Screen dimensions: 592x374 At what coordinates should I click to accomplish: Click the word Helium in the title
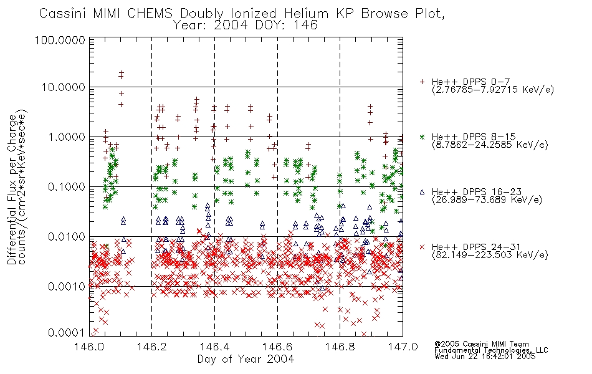306,14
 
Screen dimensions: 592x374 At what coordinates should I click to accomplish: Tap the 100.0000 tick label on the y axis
60,40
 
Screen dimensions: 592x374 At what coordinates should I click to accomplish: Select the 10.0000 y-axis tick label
63,87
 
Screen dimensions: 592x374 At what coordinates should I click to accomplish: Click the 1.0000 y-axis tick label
66,137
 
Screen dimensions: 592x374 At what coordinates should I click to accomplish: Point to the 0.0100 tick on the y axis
66,237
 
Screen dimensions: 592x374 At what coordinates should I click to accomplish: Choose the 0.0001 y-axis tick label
66,333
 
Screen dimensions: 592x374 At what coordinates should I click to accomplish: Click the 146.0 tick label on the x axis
90,347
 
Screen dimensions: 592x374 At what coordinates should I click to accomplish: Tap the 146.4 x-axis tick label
214,347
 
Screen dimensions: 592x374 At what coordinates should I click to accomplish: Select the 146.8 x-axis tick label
340,347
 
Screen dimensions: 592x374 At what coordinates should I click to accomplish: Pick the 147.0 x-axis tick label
403,347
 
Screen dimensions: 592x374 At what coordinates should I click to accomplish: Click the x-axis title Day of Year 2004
246,359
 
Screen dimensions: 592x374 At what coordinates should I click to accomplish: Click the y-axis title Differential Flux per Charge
12,189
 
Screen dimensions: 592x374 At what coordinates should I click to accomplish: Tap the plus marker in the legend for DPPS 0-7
422,82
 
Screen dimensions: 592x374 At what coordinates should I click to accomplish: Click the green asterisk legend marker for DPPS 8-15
422,137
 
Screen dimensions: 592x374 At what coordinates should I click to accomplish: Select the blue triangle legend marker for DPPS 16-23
422,192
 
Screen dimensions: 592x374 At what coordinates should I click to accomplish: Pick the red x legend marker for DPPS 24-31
422,247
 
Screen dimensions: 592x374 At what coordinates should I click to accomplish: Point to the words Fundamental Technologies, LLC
491,350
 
